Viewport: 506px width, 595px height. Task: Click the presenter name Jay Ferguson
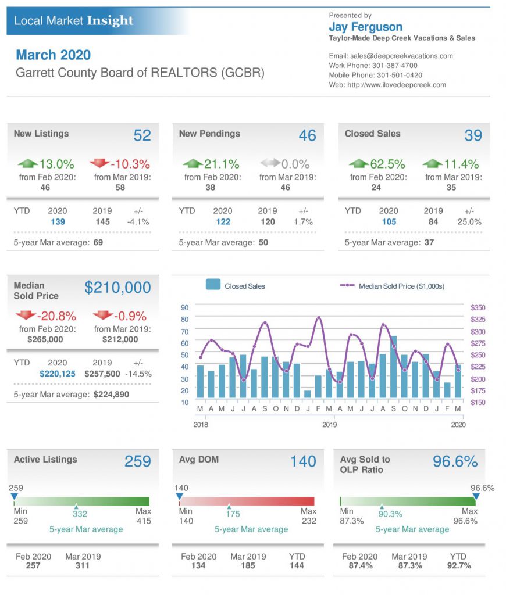[x=365, y=27]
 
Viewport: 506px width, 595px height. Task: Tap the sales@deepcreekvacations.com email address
[x=401, y=56]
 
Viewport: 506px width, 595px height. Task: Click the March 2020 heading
[x=53, y=55]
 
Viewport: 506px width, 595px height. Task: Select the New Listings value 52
[x=142, y=135]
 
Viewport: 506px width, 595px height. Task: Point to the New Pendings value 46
[x=307, y=135]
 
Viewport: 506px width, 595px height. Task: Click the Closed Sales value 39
[x=473, y=135]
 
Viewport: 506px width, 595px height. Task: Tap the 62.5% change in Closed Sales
[x=387, y=164]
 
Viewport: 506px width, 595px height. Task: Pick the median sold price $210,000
[x=117, y=287]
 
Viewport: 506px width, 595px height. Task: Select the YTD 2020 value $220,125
[x=58, y=374]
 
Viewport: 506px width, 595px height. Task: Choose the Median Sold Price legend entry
[x=401, y=286]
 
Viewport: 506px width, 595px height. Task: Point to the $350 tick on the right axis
[x=478, y=307]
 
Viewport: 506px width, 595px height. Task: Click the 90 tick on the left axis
[x=184, y=307]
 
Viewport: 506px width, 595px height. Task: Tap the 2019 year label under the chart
[x=329, y=425]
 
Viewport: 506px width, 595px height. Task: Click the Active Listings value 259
[x=137, y=461]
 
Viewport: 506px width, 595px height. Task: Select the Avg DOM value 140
[x=303, y=461]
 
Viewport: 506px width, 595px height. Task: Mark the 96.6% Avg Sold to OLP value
[x=455, y=461]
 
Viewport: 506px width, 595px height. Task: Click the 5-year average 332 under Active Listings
[x=80, y=514]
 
